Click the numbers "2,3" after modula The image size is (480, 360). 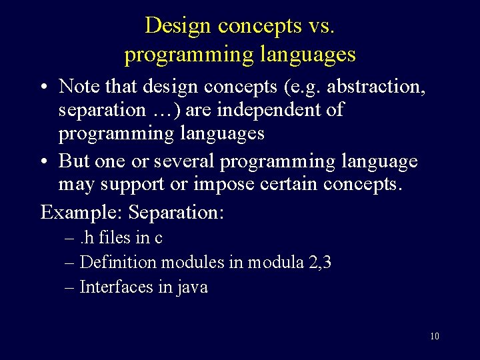[320, 263]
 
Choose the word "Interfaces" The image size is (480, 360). [114, 287]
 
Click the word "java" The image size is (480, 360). [192, 288]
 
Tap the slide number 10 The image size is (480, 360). [434, 336]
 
